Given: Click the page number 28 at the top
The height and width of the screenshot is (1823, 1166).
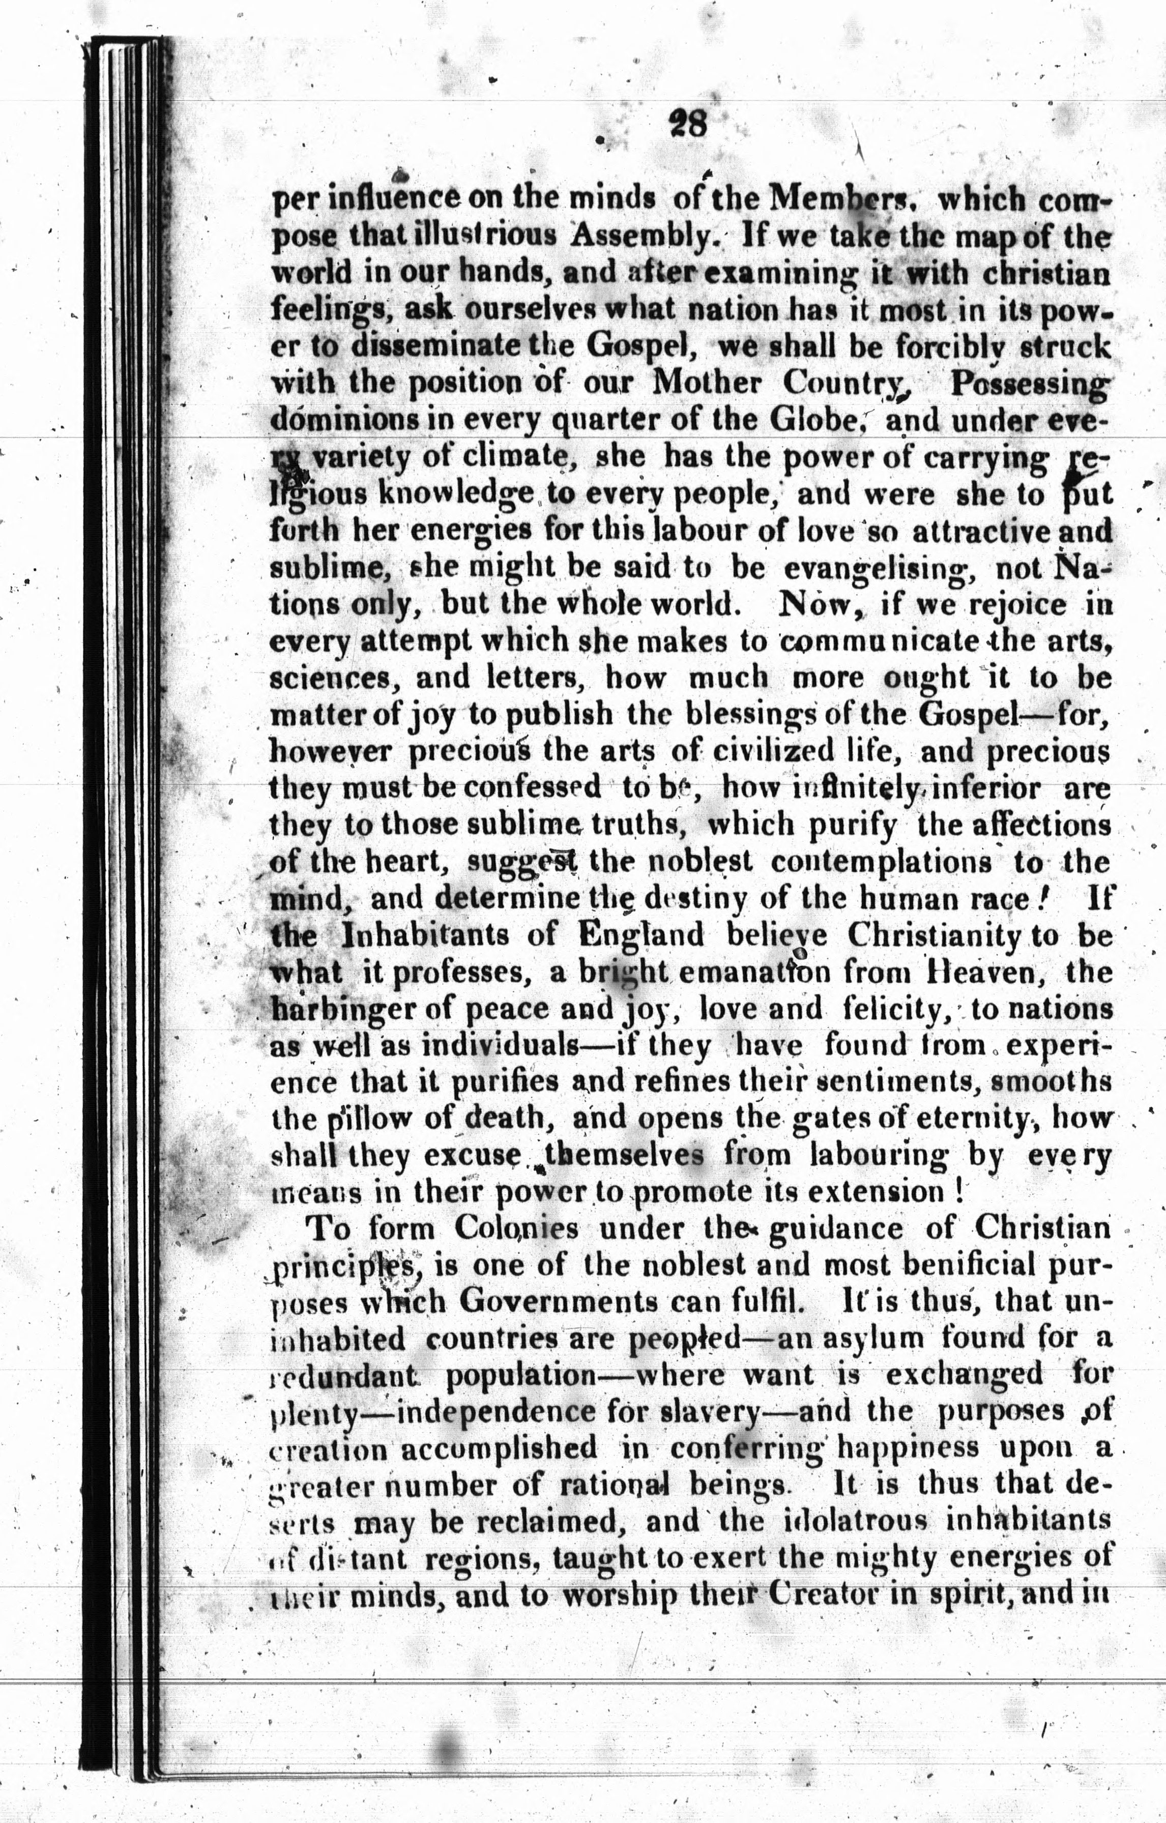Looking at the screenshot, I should click(x=687, y=122).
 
